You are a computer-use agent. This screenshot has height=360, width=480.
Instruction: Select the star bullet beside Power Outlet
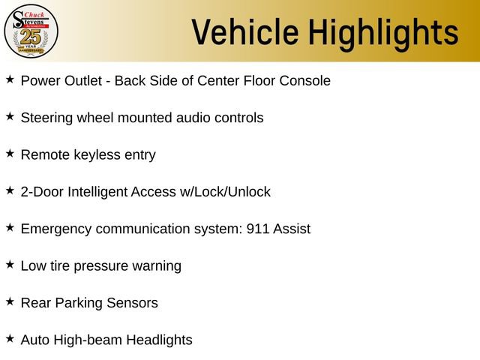[x=10, y=79]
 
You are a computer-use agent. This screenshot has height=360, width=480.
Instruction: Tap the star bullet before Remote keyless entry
[x=10, y=154]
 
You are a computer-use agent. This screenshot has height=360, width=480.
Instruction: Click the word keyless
[x=97, y=155]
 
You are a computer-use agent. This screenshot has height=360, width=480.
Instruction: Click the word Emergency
[x=56, y=229]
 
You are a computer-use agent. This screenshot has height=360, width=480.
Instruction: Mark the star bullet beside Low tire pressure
[x=10, y=265]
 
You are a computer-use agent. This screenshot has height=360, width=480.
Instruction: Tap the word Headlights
[x=159, y=340]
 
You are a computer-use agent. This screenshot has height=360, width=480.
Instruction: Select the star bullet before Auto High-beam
[x=10, y=339]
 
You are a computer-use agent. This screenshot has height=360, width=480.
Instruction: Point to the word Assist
[x=292, y=229]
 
